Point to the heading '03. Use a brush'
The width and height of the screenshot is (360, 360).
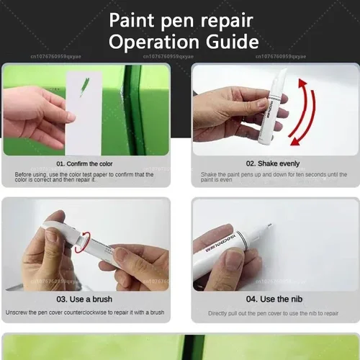85,299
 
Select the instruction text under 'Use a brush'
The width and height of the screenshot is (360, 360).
84,312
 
